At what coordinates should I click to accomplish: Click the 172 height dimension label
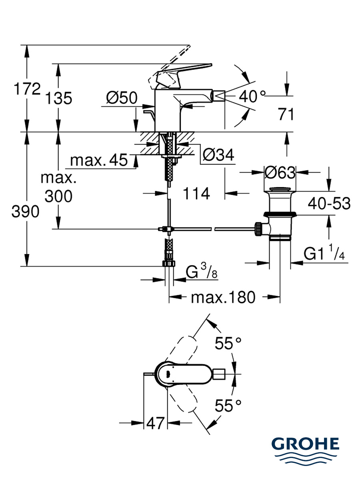pyautogui.click(x=27, y=89)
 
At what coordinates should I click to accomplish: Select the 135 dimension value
pyautogui.click(x=58, y=98)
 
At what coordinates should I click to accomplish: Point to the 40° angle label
pyautogui.click(x=252, y=96)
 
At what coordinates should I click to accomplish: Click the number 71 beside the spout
pyautogui.click(x=286, y=114)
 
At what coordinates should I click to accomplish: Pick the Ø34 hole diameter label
pyautogui.click(x=218, y=155)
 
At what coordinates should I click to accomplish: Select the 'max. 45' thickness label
pyautogui.click(x=99, y=160)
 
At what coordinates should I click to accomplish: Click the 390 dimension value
pyautogui.click(x=25, y=212)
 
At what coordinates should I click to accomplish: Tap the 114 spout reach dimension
pyautogui.click(x=196, y=194)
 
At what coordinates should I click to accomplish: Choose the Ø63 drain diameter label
pyautogui.click(x=280, y=172)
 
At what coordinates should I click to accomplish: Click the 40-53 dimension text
pyautogui.click(x=329, y=203)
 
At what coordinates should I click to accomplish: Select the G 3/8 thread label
pyautogui.click(x=202, y=271)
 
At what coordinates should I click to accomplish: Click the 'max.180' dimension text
pyautogui.click(x=223, y=297)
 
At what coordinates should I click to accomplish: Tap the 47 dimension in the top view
pyautogui.click(x=155, y=423)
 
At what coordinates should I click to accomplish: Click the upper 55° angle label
pyautogui.click(x=228, y=343)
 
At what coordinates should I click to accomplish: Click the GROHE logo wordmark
pyautogui.click(x=305, y=444)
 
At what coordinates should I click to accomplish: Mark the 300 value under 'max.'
pyautogui.click(x=58, y=196)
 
